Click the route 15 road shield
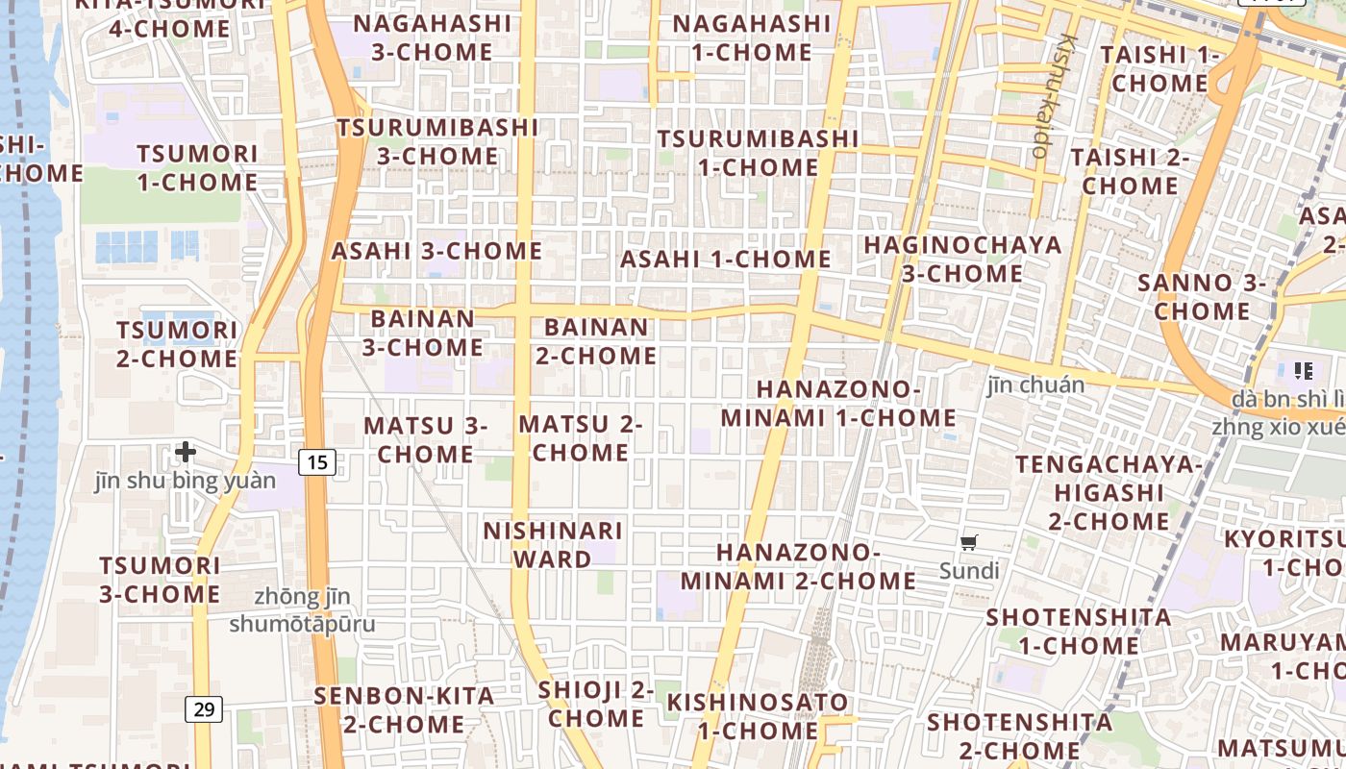click(x=317, y=462)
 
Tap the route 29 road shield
click(x=204, y=709)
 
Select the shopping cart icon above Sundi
click(x=969, y=543)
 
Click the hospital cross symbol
click(x=186, y=451)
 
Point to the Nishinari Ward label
click(x=552, y=545)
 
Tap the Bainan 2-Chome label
click(x=596, y=341)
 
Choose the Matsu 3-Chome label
click(x=425, y=439)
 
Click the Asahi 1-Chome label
click(x=725, y=259)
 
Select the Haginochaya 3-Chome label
click(x=962, y=260)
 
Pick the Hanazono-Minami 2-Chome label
click(x=798, y=566)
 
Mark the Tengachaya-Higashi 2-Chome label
click(x=1109, y=493)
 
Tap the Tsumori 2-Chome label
click(x=177, y=344)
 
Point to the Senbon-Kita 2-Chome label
click(x=404, y=709)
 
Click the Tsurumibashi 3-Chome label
click(x=437, y=141)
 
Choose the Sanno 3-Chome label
click(x=1202, y=297)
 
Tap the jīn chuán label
click(x=1035, y=385)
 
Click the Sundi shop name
click(x=969, y=571)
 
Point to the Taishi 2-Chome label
click(x=1130, y=170)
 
